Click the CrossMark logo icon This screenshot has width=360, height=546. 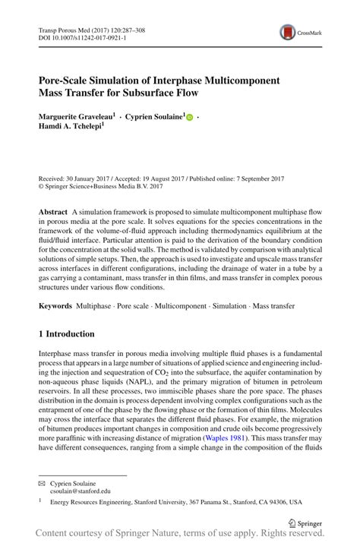point(289,31)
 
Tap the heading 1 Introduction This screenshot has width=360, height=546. point(67,333)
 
